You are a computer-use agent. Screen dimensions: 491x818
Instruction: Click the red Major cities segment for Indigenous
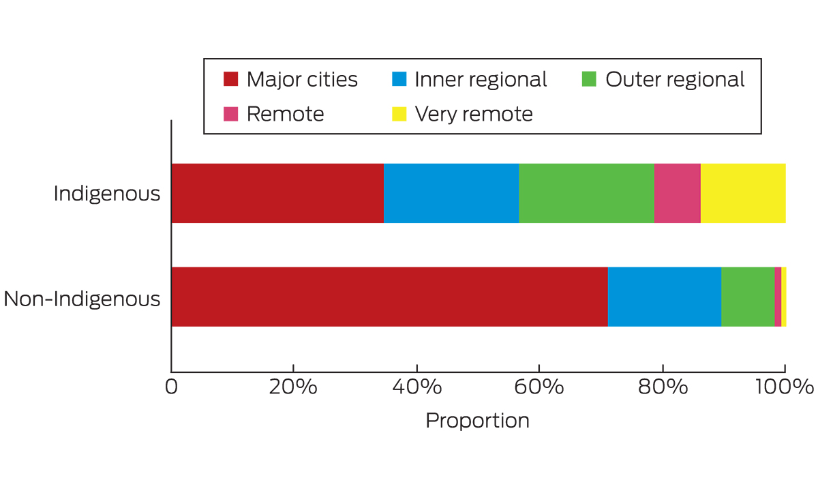click(277, 193)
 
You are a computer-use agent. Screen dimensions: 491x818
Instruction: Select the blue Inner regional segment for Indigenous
click(451, 193)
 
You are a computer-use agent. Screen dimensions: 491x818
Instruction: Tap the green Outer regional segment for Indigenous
click(586, 193)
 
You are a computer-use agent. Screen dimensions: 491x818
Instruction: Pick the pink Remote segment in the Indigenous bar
click(677, 193)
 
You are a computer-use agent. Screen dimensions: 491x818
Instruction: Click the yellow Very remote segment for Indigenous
click(743, 193)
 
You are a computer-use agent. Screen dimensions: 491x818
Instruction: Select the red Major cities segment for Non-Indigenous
click(389, 297)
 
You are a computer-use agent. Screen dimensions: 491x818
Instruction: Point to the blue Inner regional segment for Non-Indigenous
click(664, 297)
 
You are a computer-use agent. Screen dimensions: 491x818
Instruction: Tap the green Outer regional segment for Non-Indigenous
click(747, 297)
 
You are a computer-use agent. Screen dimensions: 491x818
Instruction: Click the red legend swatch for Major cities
click(231, 80)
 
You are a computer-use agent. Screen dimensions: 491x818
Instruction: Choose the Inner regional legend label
click(481, 80)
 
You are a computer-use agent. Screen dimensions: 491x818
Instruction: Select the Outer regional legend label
click(675, 80)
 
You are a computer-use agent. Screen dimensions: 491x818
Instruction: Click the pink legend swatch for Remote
click(231, 114)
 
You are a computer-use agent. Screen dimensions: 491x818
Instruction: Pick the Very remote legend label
click(474, 114)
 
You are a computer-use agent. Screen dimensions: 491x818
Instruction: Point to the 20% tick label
click(292, 387)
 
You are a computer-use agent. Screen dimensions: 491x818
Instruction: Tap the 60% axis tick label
click(539, 387)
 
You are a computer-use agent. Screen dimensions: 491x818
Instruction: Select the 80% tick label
click(661, 387)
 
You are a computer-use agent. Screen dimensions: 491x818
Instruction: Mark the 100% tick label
click(784, 387)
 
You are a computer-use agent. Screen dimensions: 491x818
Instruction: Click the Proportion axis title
click(477, 421)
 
